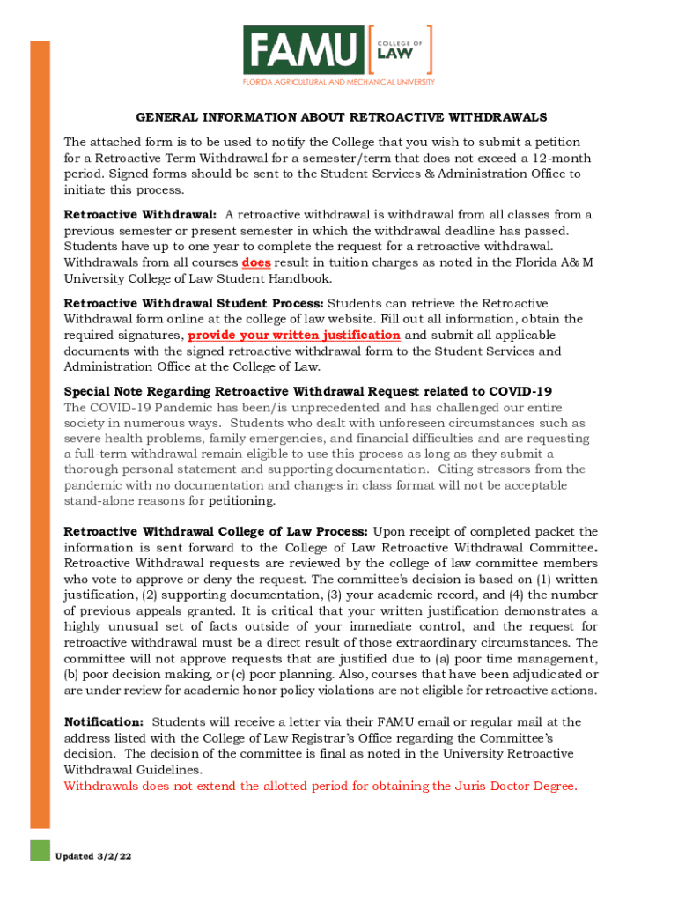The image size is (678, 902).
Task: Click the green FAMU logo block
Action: (x=303, y=49)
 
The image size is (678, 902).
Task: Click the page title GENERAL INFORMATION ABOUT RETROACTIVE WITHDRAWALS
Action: (x=342, y=117)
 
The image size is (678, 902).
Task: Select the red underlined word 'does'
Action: (x=255, y=262)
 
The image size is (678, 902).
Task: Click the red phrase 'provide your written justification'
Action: (x=294, y=336)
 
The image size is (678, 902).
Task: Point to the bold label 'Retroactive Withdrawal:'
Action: (x=141, y=215)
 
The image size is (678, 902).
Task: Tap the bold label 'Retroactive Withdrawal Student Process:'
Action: (x=194, y=303)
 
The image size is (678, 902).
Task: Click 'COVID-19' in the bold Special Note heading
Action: (x=520, y=391)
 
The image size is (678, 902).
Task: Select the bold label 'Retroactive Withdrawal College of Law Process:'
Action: (x=217, y=532)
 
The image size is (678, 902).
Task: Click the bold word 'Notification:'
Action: (x=104, y=722)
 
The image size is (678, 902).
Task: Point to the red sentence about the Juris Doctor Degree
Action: (x=321, y=786)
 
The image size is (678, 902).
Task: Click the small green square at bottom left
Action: (x=40, y=850)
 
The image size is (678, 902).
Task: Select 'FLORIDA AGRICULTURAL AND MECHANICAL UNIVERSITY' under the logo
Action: (x=339, y=82)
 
